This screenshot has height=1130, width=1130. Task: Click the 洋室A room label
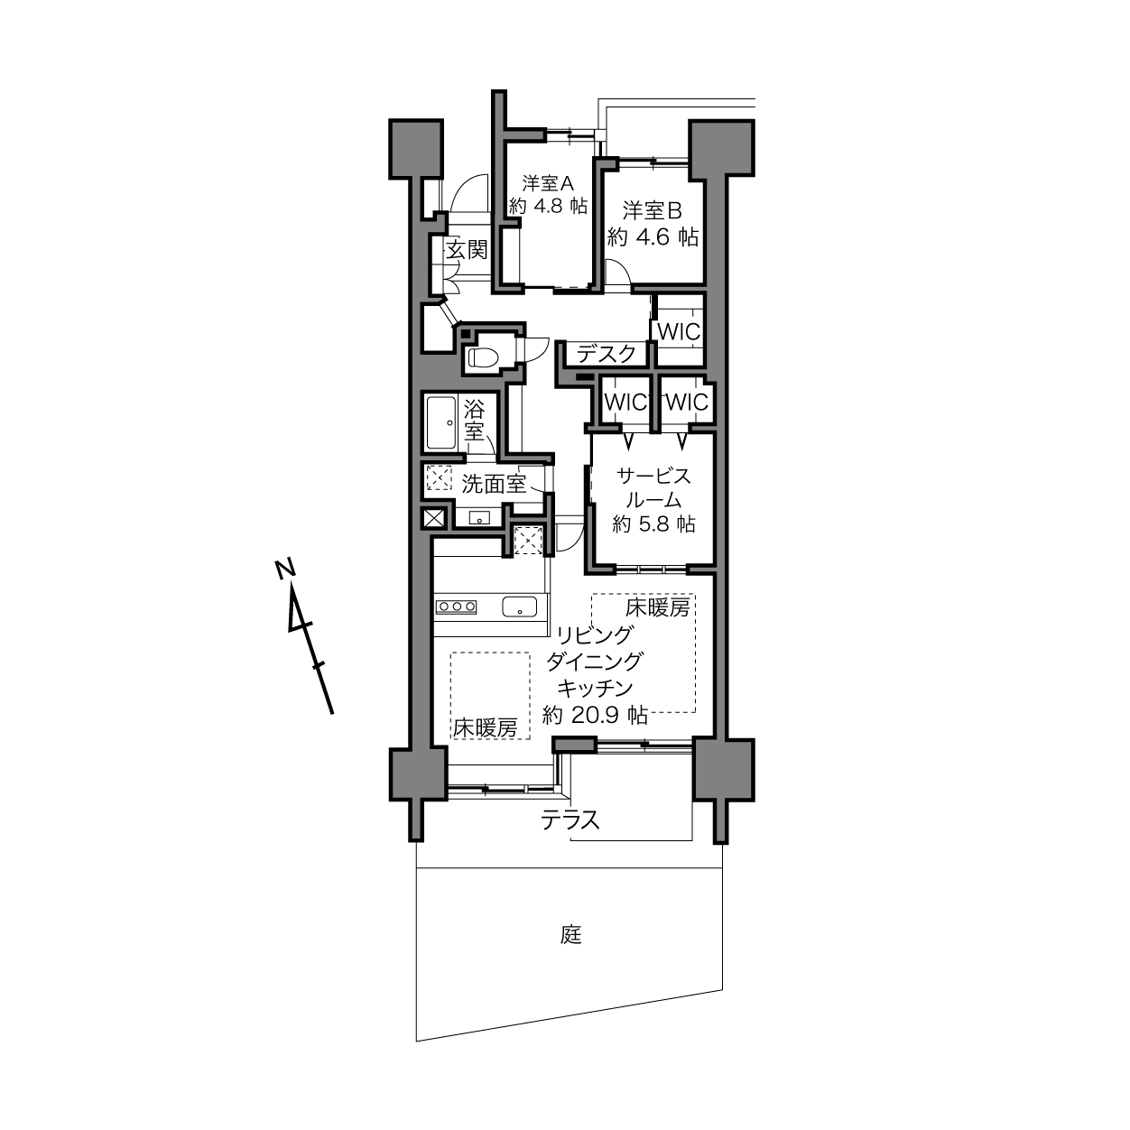pyautogui.click(x=548, y=183)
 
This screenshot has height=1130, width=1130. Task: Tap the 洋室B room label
pyautogui.click(x=652, y=210)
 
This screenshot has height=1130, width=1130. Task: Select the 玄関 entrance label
pyautogui.click(x=467, y=250)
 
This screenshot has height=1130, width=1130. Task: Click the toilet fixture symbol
pyautogui.click(x=481, y=357)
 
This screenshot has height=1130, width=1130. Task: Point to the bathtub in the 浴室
pyautogui.click(x=441, y=422)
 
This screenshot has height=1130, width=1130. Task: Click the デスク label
pyautogui.click(x=607, y=354)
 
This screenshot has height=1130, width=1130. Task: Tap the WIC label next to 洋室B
pyautogui.click(x=679, y=332)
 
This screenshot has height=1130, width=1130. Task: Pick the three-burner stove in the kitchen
pyautogui.click(x=456, y=607)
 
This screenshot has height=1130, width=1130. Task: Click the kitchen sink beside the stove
pyautogui.click(x=520, y=607)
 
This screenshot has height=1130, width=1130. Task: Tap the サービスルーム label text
pyautogui.click(x=653, y=488)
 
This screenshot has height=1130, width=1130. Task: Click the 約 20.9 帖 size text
pyautogui.click(x=595, y=715)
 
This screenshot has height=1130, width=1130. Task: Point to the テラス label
pyautogui.click(x=570, y=820)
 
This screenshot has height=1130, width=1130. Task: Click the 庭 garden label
pyautogui.click(x=570, y=935)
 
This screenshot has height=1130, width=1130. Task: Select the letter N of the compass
pyautogui.click(x=284, y=570)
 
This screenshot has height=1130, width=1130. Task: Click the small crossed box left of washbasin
pyautogui.click(x=435, y=519)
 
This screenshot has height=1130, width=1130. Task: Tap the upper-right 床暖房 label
pyautogui.click(x=657, y=608)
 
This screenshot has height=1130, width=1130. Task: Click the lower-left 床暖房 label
pyautogui.click(x=485, y=727)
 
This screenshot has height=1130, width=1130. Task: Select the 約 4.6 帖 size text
pyautogui.click(x=653, y=236)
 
